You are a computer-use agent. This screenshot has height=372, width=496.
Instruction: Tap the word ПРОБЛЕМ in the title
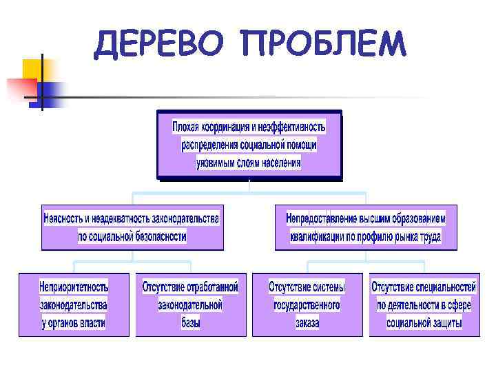coord(324,44)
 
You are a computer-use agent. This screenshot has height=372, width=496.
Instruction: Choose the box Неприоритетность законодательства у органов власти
coord(74,304)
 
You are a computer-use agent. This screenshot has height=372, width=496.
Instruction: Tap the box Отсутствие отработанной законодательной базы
coord(190,304)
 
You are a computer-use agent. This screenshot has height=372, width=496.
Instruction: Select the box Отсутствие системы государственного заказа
coord(307,304)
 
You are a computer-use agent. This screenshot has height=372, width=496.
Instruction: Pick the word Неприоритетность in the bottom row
coord(74,286)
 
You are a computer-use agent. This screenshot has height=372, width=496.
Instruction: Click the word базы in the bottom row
coord(190,322)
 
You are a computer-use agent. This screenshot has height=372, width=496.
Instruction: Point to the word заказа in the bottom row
coord(307,322)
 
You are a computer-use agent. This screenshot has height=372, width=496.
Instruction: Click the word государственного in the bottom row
coord(307,304)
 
